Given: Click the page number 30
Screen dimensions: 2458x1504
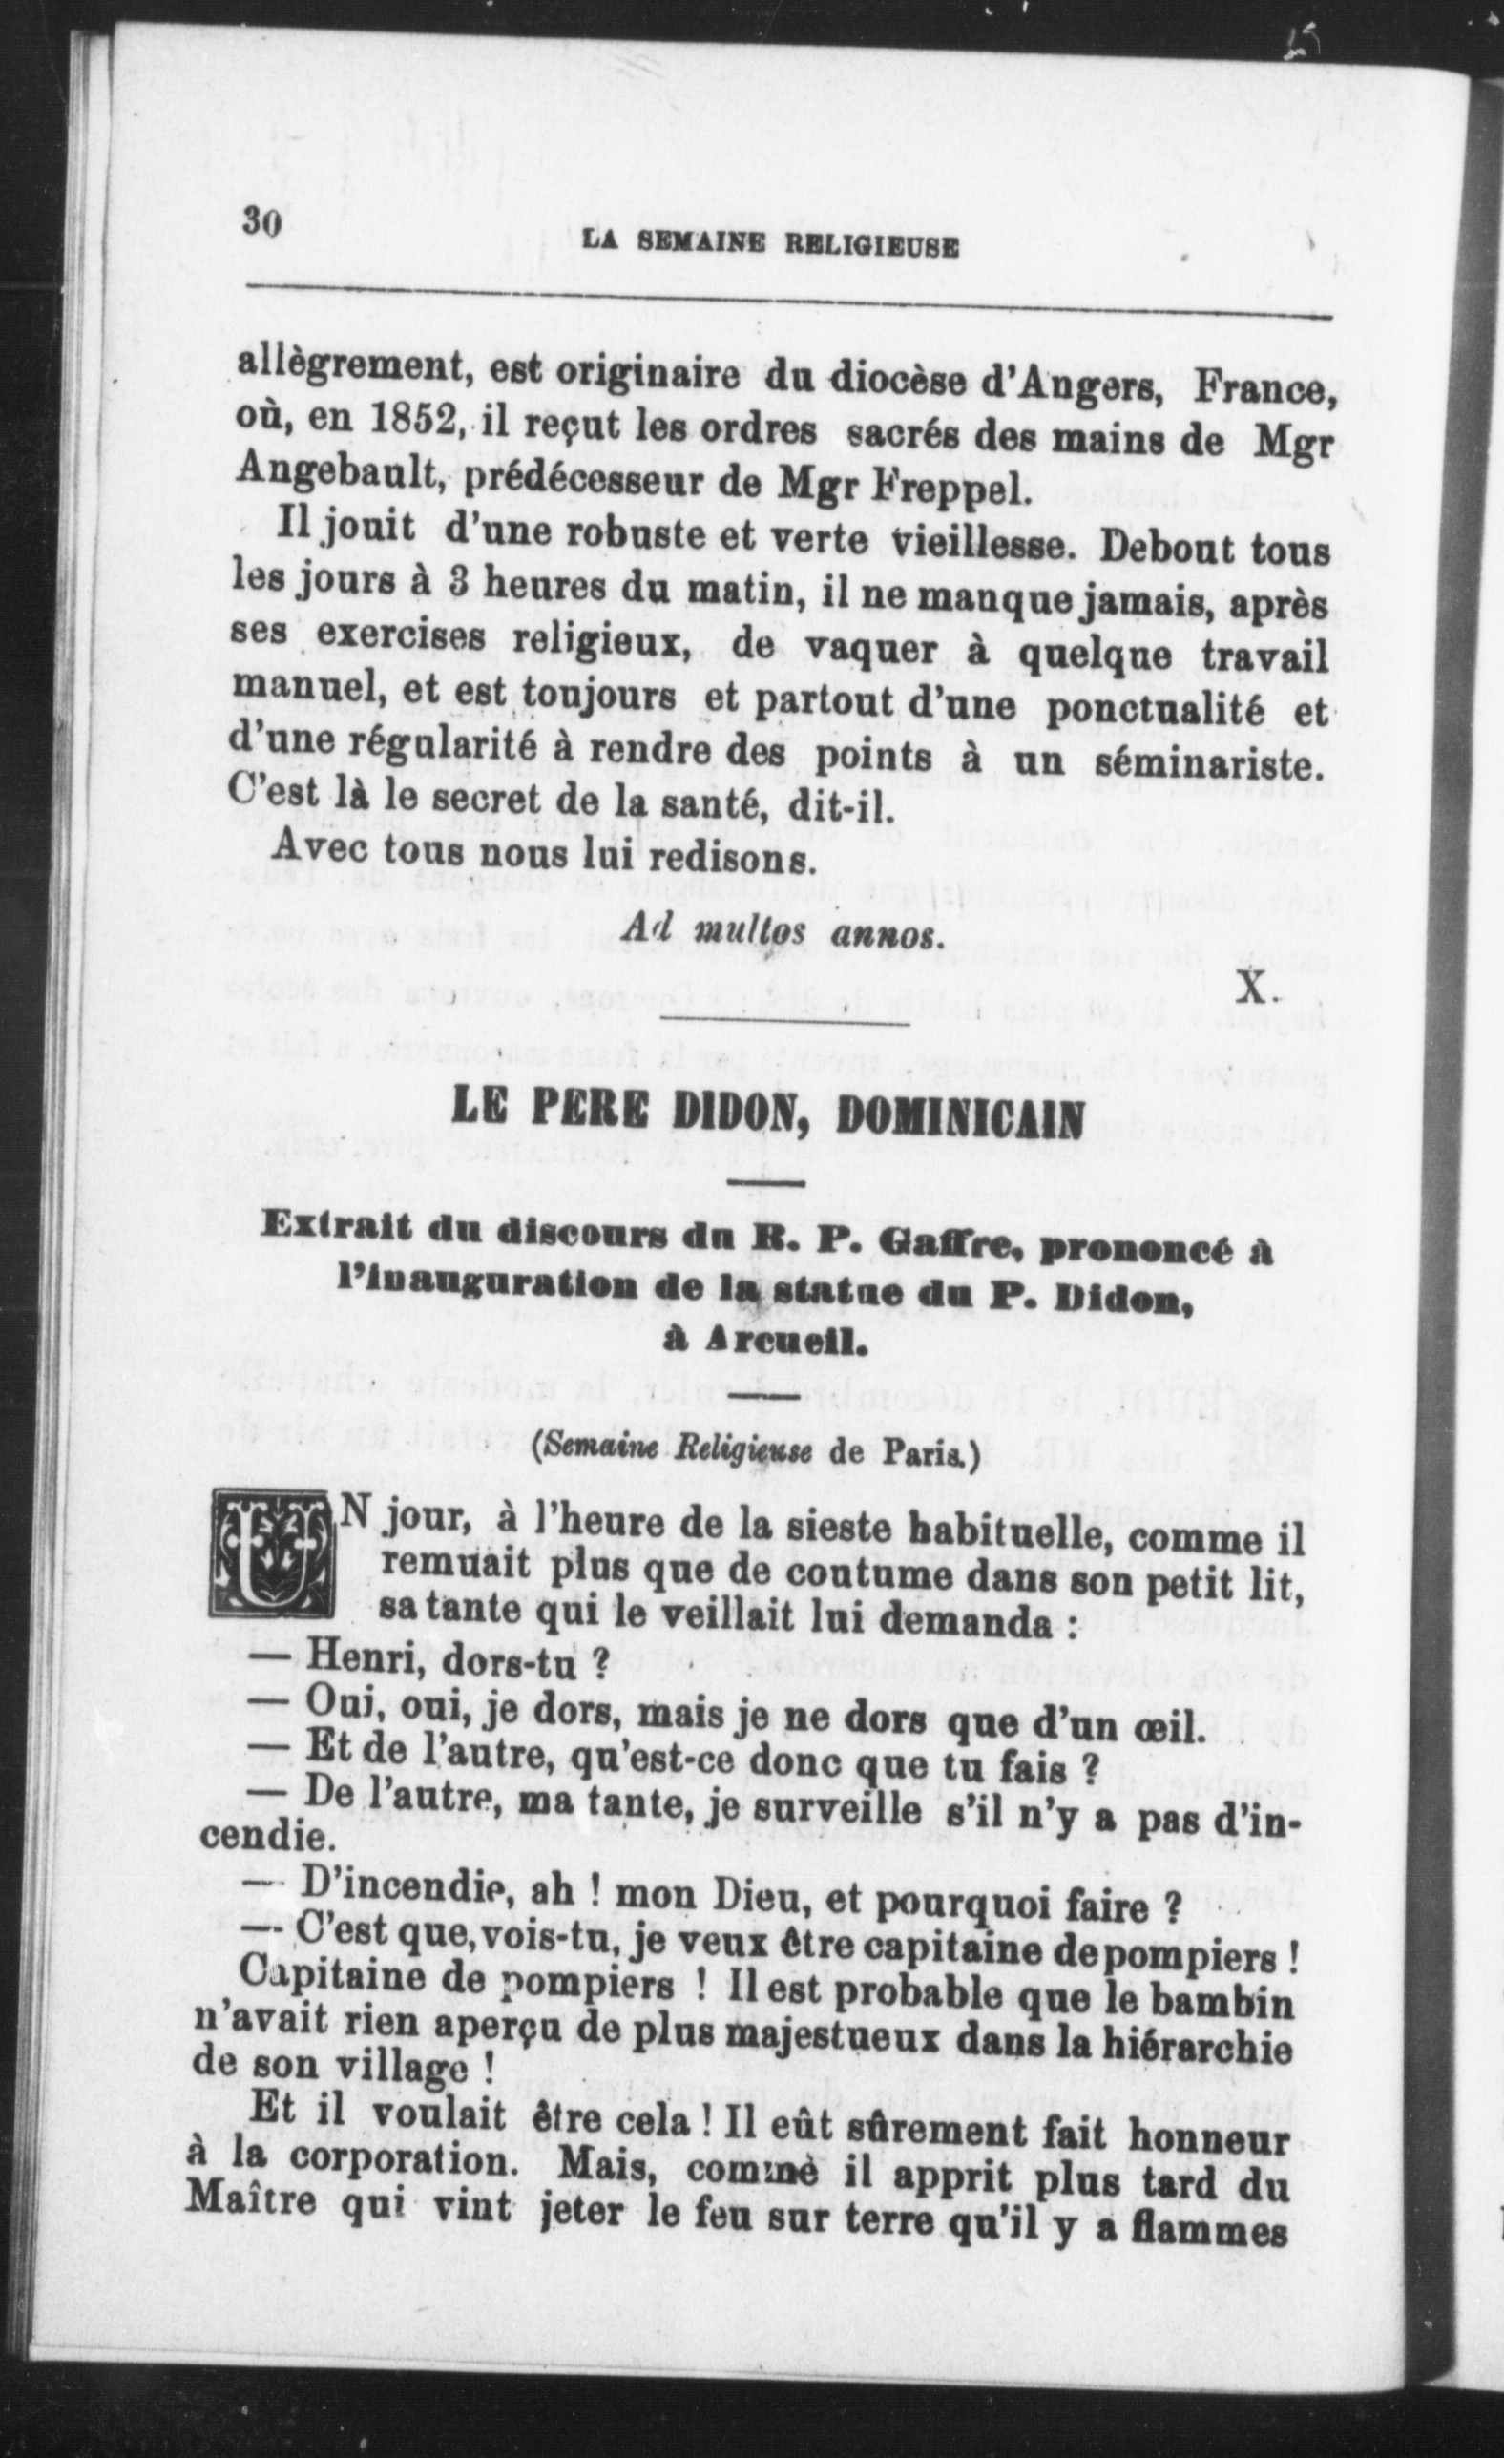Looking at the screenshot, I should pos(262,223).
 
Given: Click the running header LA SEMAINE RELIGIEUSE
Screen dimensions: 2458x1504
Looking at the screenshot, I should pos(770,245).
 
